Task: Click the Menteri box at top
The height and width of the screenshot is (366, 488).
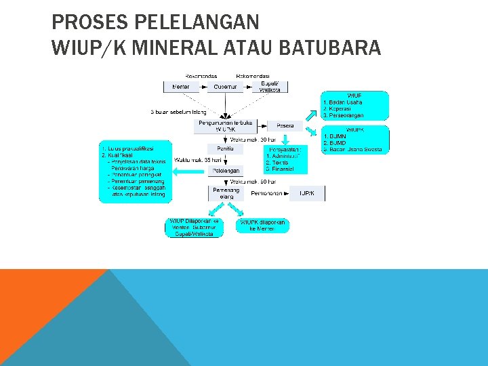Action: click(x=181, y=87)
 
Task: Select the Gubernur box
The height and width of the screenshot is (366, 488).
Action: click(x=224, y=87)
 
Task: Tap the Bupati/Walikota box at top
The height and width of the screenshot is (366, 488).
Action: click(x=270, y=86)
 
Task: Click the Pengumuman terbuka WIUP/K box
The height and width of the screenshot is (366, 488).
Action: click(x=224, y=125)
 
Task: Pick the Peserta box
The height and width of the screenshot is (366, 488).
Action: click(x=285, y=126)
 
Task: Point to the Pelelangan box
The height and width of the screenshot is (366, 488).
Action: click(x=225, y=171)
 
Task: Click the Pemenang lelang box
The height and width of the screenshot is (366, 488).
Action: click(x=225, y=193)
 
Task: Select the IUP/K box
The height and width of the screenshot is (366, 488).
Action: click(x=307, y=194)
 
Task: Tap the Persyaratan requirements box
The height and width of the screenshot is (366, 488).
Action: click(x=285, y=159)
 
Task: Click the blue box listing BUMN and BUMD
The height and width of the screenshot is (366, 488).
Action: click(x=354, y=139)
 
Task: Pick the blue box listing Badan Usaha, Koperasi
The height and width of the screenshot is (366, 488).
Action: click(x=354, y=106)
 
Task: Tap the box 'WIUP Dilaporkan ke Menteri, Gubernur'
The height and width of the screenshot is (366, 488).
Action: click(x=194, y=227)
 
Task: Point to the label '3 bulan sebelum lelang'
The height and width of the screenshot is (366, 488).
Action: click(x=178, y=112)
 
